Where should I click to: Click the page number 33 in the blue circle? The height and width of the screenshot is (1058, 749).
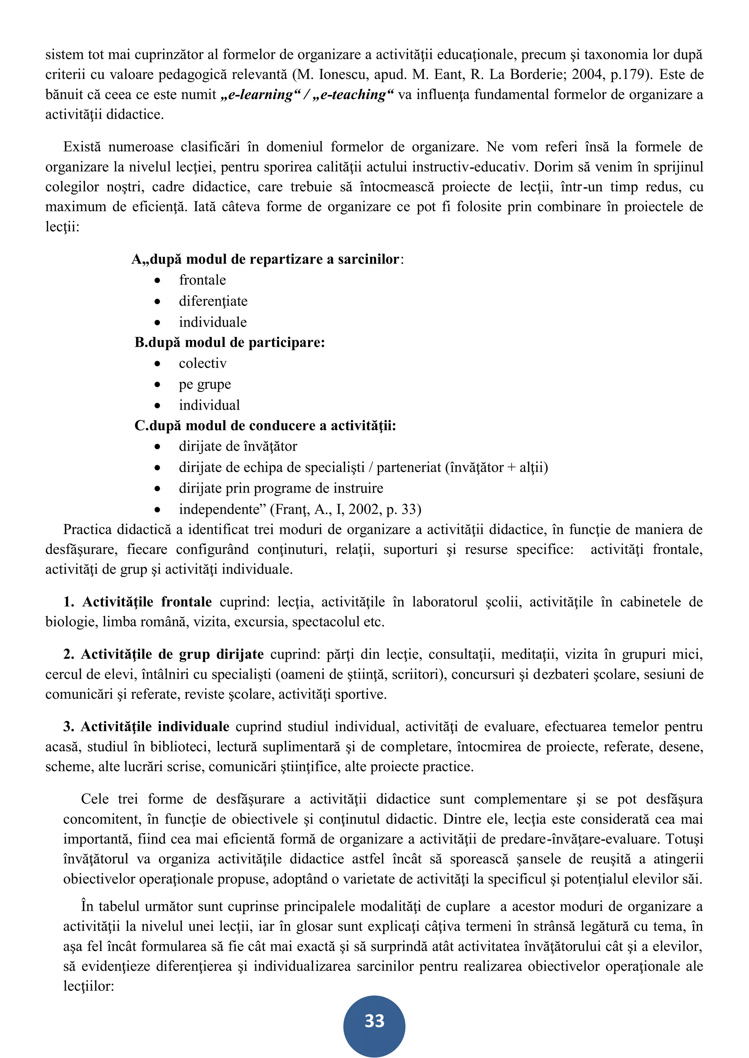[374, 1021]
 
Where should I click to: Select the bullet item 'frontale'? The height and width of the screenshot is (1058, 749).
[203, 280]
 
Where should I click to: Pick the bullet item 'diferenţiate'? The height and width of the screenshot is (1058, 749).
[213, 302]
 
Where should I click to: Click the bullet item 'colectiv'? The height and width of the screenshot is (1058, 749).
[203, 364]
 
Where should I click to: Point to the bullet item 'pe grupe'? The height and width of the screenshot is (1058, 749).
[205, 384]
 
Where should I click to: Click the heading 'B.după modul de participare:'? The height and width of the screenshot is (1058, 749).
[230, 342]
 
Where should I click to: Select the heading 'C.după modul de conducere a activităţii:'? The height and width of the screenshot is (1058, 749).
[265, 425]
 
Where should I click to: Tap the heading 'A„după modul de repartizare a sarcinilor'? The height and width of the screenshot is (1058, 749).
[267, 259]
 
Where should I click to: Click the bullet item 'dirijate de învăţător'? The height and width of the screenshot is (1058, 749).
[238, 447]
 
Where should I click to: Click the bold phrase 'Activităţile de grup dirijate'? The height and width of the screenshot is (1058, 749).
[172, 654]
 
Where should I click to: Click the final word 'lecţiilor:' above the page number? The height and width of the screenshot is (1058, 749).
[89, 986]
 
